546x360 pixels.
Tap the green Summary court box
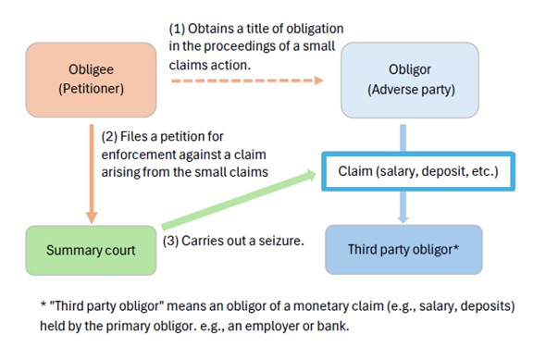91,250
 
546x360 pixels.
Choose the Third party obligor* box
403,250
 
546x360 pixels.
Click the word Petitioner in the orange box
92,87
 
